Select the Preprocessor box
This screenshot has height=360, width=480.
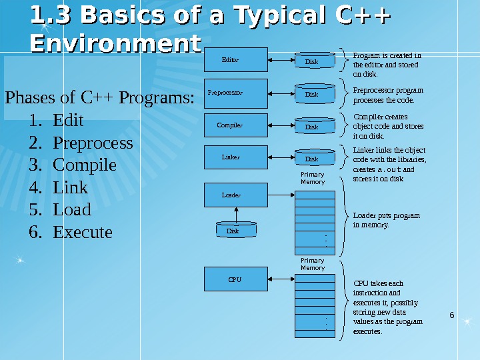237,93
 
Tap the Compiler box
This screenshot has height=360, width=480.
237,125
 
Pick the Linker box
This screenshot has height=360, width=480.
237,158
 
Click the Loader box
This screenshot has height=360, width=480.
237,195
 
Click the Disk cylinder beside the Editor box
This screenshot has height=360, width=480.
311,61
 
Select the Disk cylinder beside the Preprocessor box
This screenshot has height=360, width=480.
311,94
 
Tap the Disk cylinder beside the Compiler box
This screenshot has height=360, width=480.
311,126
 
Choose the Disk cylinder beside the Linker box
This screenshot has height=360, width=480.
311,159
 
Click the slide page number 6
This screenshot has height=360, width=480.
452,314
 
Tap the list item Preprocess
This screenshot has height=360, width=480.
93,143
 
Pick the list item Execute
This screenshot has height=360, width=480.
83,232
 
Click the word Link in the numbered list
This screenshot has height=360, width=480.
70,187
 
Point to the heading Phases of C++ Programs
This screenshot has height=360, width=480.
99,98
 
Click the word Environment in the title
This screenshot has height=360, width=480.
115,44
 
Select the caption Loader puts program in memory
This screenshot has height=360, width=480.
386,220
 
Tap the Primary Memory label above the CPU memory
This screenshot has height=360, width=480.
313,264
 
